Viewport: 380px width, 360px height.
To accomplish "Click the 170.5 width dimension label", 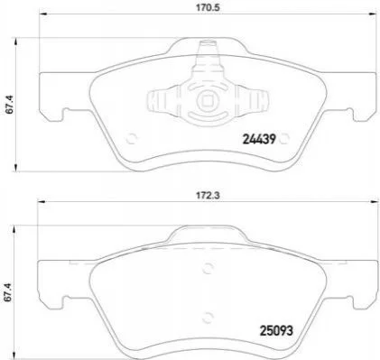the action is pos(209,7).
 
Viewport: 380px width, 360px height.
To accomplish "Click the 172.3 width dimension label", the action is pos(209,196).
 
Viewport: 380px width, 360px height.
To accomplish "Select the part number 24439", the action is pos(259,139).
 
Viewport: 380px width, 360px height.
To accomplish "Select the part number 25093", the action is pos(276,331).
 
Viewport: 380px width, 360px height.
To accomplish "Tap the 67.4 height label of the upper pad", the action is pos(10,104).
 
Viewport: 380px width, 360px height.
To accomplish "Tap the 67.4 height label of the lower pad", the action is pos(10,291).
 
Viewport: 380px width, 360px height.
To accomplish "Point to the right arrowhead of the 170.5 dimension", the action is pos(372,14).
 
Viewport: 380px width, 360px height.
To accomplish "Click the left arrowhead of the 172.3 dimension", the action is pos(42,202).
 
